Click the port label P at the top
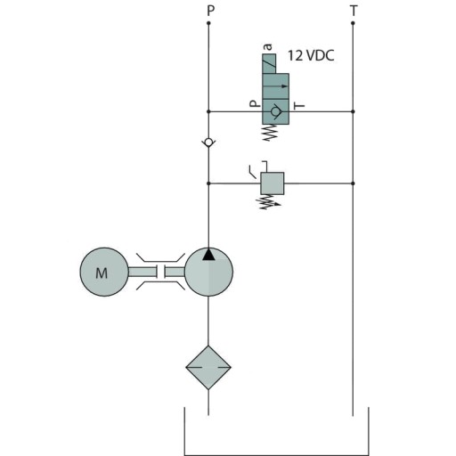click(x=209, y=11)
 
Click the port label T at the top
click(x=354, y=11)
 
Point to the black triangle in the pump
click(x=208, y=255)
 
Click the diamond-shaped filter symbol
click(x=208, y=367)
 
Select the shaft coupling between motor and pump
click(x=157, y=273)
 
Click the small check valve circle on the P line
click(x=208, y=142)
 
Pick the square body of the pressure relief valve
click(x=272, y=183)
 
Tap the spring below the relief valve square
click(x=267, y=202)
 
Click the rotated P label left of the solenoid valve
click(x=254, y=104)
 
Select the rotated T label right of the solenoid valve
click(x=300, y=106)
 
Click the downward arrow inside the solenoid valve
click(x=283, y=86)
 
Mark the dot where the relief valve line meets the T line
click(x=354, y=183)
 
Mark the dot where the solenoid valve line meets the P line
click(x=208, y=111)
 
